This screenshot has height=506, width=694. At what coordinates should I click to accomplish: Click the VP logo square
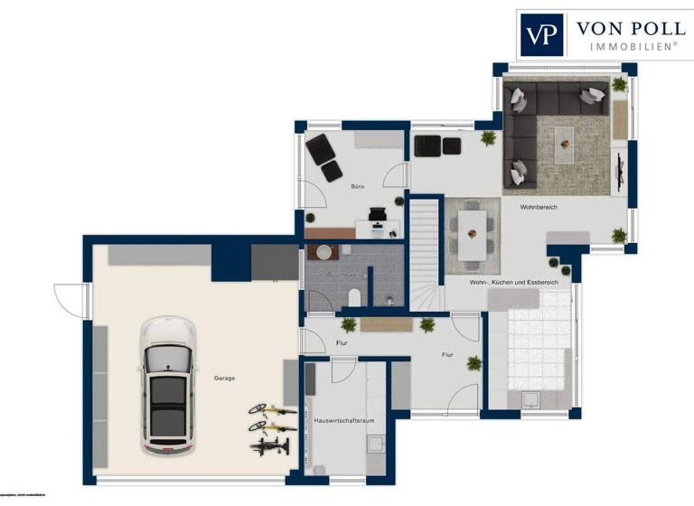[x=542, y=35]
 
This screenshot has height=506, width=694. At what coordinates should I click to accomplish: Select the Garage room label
[x=224, y=378]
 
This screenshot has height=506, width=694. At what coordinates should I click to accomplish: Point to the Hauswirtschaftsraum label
[x=343, y=420]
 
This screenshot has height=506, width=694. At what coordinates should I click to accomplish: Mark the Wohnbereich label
[x=538, y=207]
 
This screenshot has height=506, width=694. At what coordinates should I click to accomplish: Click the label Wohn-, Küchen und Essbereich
[x=513, y=282]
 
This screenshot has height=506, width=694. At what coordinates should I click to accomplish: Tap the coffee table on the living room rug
[x=565, y=136]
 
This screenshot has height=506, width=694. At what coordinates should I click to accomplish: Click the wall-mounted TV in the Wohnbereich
[x=621, y=170]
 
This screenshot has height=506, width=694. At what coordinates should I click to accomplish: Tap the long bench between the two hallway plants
[x=386, y=323]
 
